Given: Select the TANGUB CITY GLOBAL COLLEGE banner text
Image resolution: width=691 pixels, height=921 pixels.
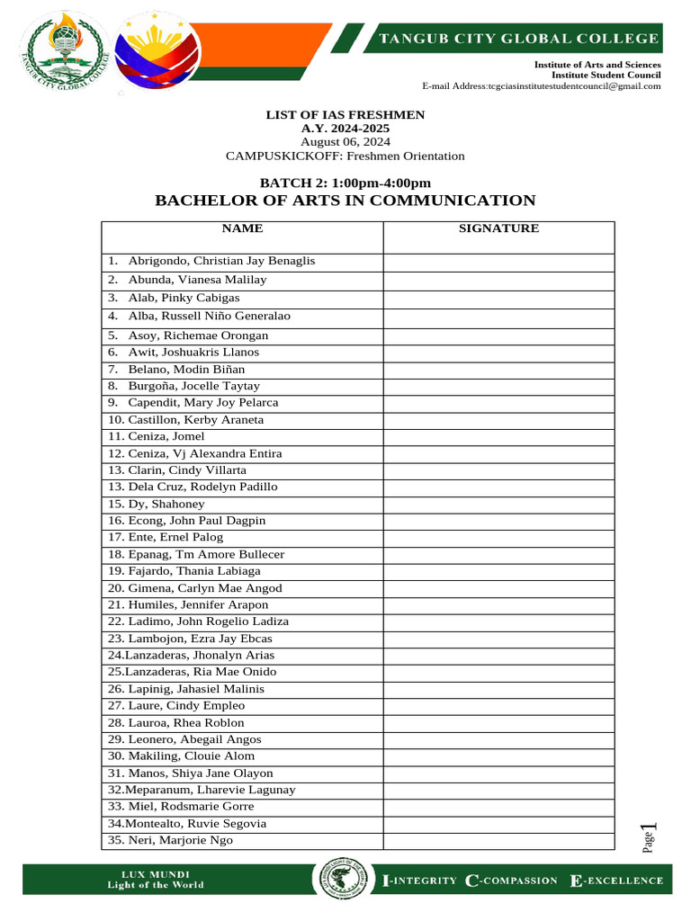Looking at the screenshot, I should [517, 39].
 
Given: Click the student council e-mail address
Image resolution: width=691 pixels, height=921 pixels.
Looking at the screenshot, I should [542, 86].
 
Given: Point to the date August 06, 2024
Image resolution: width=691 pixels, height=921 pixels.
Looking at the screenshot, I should [345, 142].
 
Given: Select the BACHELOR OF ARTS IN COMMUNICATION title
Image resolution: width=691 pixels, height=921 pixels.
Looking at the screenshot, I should [345, 201].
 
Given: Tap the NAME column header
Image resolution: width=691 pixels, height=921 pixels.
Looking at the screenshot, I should [242, 228].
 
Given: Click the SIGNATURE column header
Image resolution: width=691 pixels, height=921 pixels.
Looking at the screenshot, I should [498, 228].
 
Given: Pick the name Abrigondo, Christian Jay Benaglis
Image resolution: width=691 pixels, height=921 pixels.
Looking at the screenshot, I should [221, 261].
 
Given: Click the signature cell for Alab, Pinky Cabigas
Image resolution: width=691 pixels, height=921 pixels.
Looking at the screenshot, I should [498, 298].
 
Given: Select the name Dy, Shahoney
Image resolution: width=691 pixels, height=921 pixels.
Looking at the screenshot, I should [166, 504].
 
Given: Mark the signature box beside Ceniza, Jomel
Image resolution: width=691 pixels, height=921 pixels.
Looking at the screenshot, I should [498, 436].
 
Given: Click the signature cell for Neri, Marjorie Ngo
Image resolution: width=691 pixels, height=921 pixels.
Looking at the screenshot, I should [498, 840].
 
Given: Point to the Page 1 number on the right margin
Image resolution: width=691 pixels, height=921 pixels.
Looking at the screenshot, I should [649, 838].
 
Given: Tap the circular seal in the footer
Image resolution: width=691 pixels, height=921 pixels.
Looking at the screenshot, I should [341, 881].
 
